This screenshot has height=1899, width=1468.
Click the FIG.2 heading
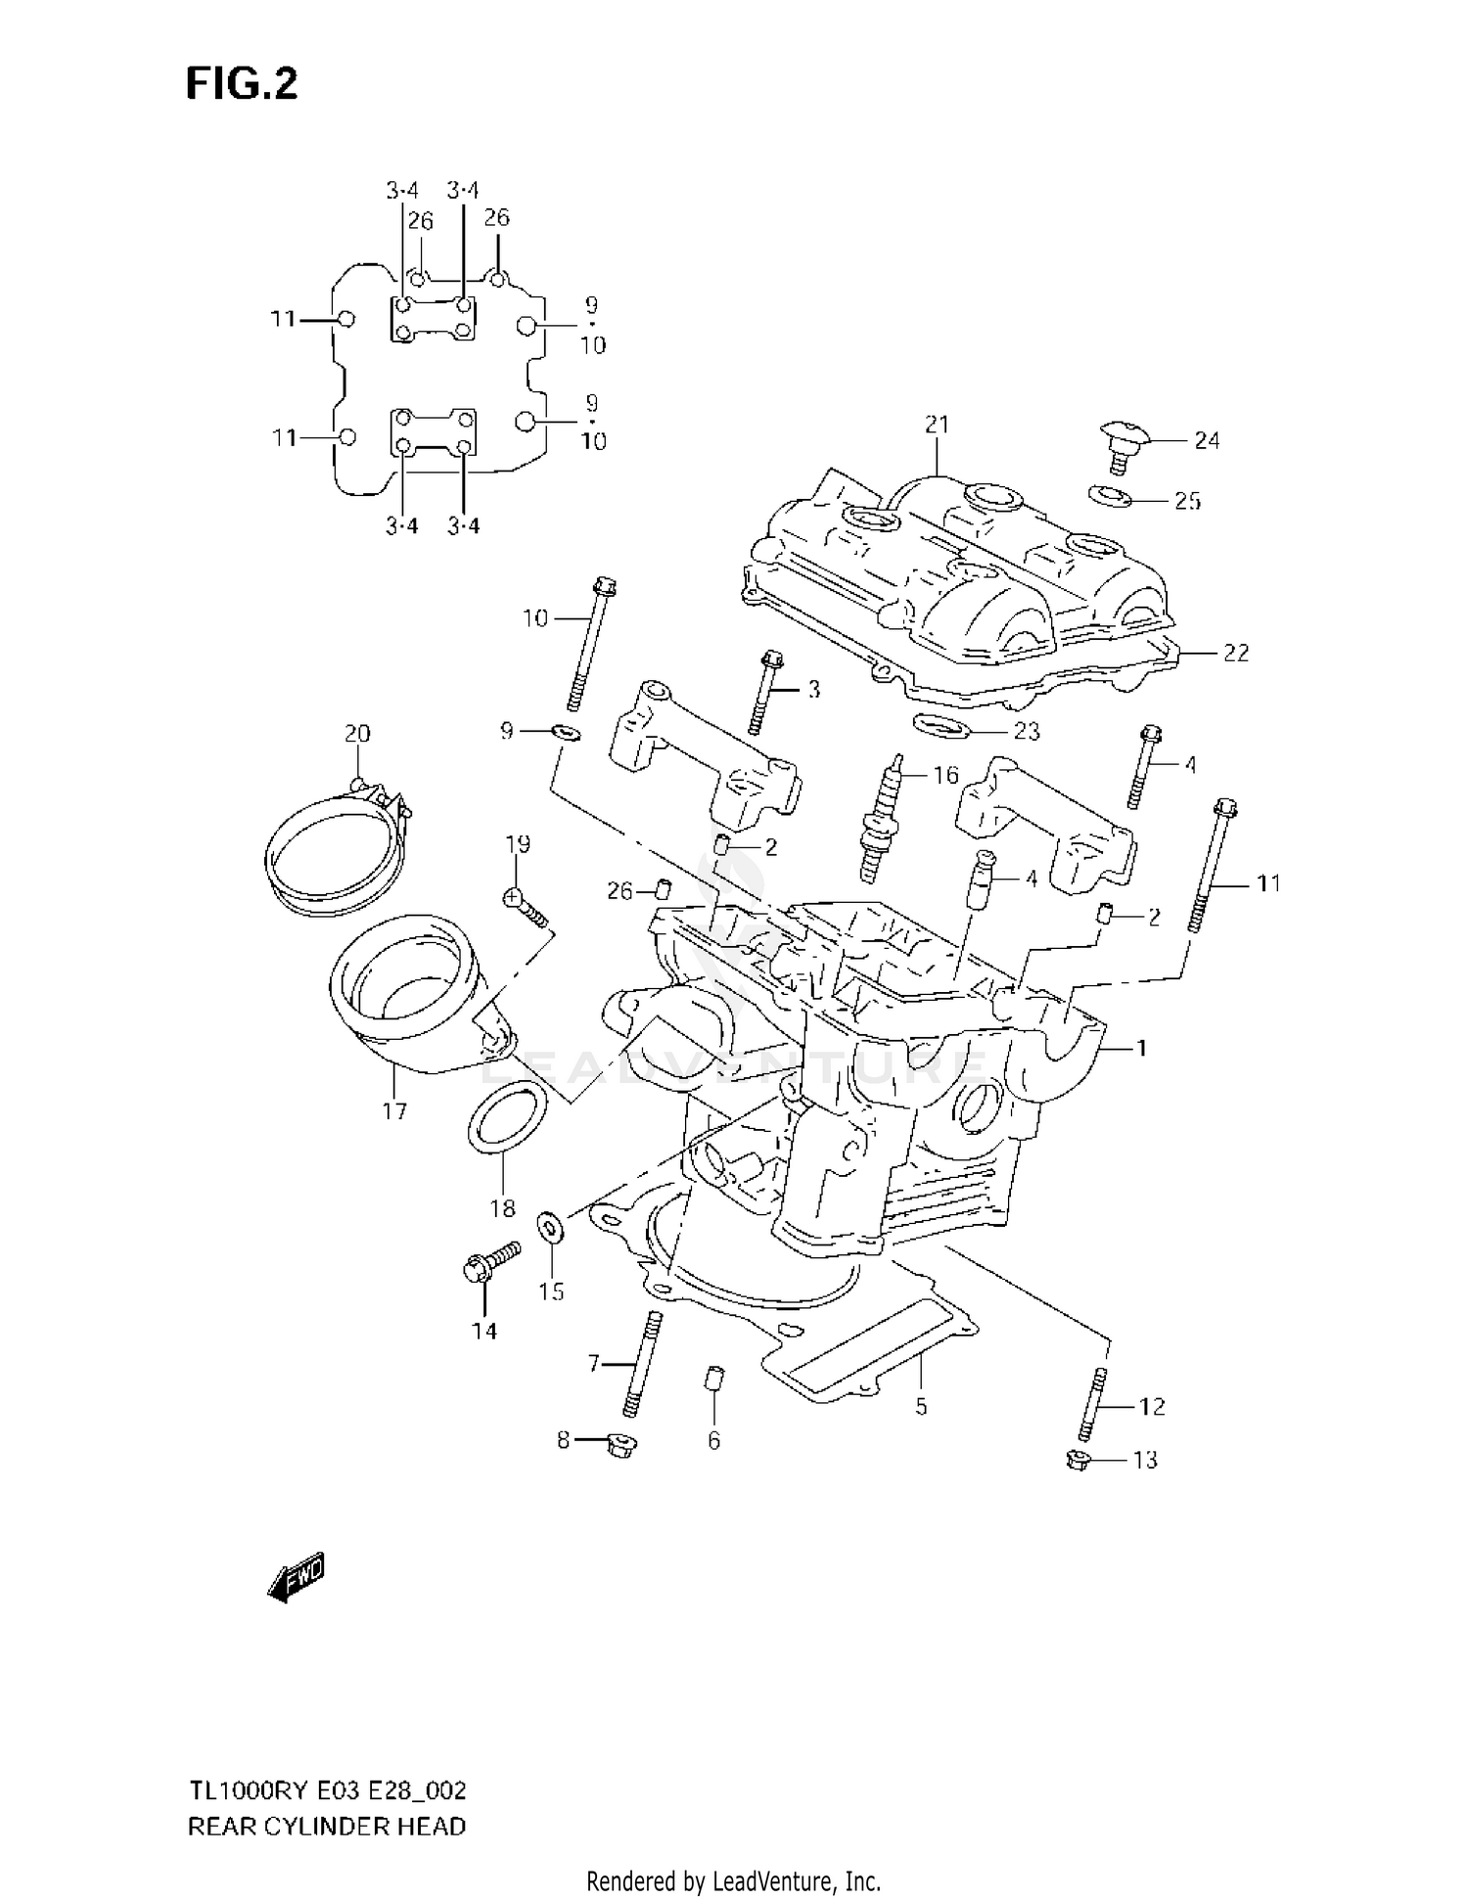[x=242, y=84]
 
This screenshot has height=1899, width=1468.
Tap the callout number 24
[x=1207, y=441]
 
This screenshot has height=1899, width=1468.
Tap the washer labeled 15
[x=549, y=1228]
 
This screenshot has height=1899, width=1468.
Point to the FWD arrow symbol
[x=296, y=1576]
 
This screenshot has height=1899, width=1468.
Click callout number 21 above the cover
[x=937, y=424]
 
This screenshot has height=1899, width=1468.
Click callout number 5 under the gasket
[x=920, y=1407]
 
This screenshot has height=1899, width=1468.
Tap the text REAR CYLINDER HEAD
[x=326, y=1826]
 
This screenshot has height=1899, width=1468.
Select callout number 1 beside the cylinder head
[x=1140, y=1048]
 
